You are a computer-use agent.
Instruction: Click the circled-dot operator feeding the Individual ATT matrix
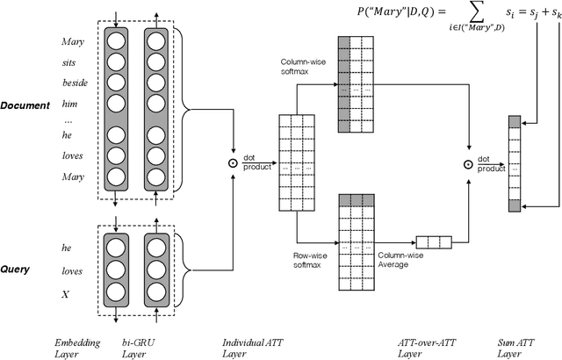(233, 163)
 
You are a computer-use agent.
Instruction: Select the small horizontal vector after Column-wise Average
(433, 241)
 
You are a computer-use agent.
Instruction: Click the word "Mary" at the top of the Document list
(73, 41)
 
